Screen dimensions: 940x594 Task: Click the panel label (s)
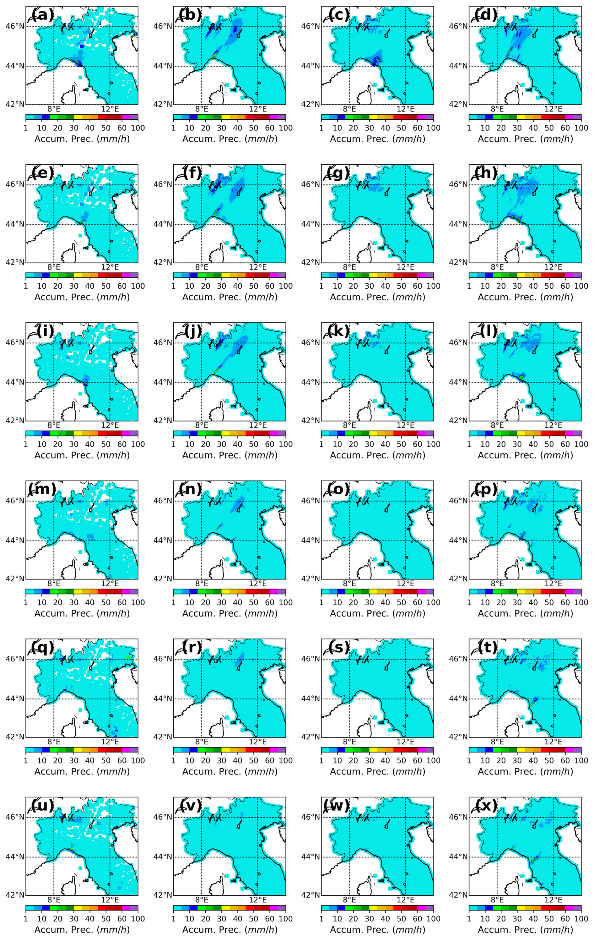point(338,647)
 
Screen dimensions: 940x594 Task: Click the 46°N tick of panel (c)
point(311,27)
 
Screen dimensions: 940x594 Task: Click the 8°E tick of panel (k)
point(349,426)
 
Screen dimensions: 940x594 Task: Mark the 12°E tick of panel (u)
point(110,900)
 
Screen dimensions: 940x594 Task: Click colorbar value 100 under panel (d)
point(581,128)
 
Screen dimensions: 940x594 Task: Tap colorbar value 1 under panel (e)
point(26,286)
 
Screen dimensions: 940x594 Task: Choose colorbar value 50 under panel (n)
point(254,602)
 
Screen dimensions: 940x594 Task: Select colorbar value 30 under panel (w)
point(369,919)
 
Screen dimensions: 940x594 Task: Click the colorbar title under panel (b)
point(230,139)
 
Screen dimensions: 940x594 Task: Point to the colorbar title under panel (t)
point(525,771)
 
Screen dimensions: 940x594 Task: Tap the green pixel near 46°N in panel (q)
point(128,657)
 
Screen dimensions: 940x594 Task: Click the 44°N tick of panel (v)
point(163,857)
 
